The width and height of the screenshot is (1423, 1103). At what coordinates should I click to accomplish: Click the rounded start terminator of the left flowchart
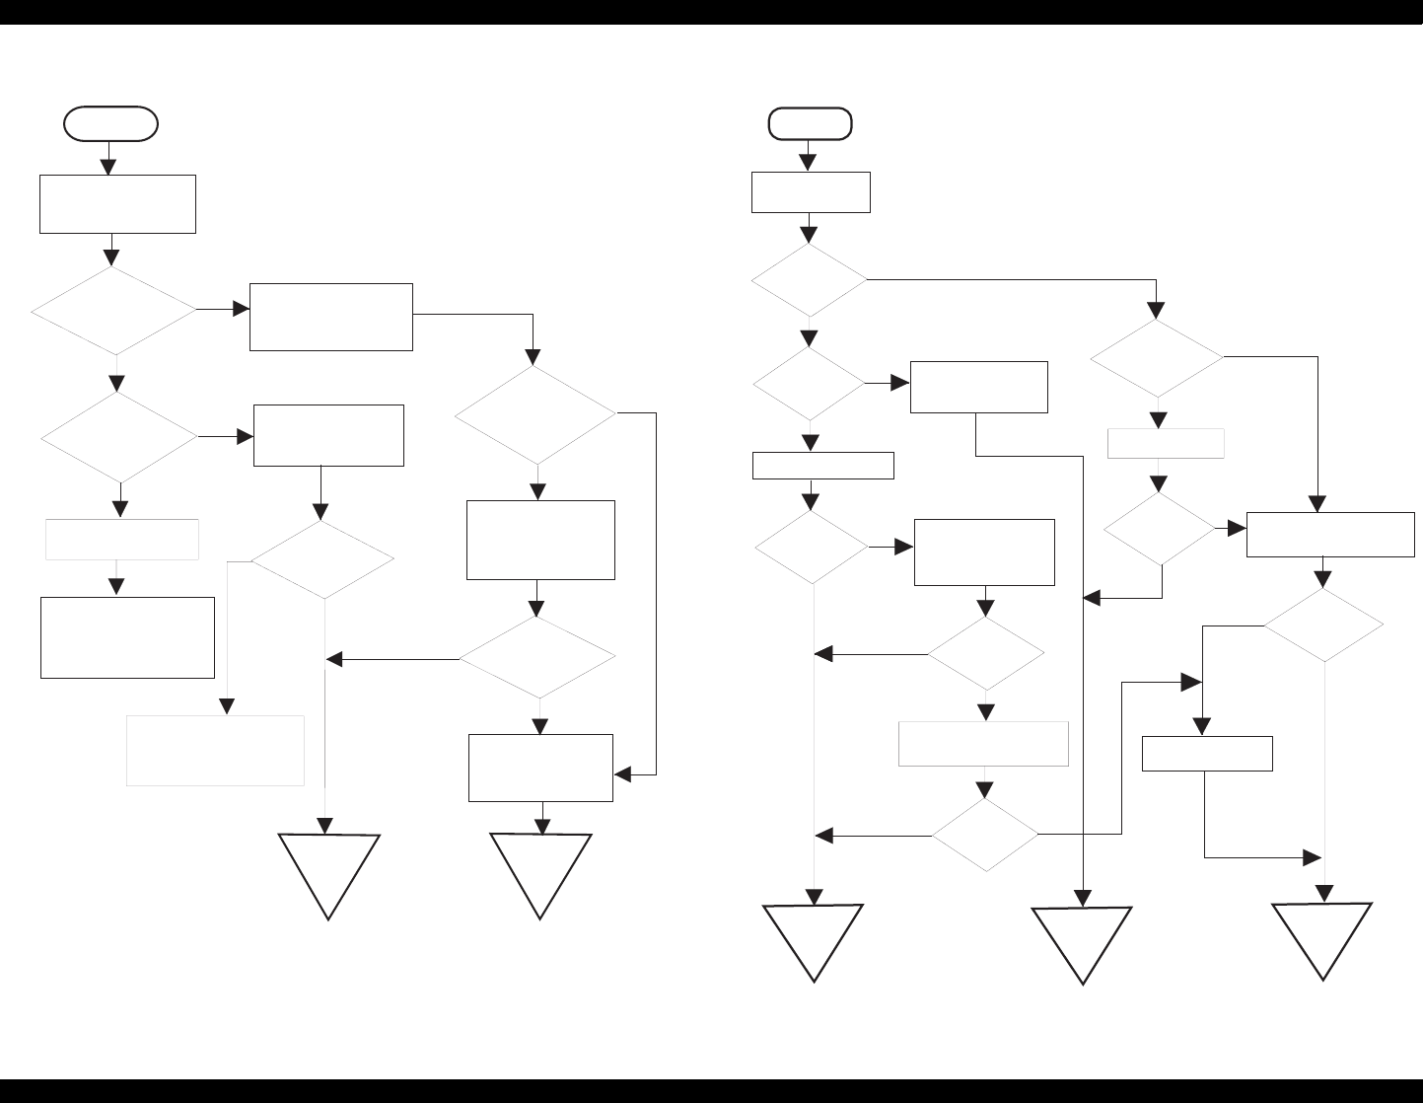(x=110, y=123)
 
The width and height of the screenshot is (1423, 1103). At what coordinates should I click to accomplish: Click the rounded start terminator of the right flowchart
(x=811, y=123)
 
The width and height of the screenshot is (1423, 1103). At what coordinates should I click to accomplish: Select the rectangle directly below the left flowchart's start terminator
(x=117, y=204)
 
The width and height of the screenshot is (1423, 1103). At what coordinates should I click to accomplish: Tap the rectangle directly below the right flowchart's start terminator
(x=811, y=192)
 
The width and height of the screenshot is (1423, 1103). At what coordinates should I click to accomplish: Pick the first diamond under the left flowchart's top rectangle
(x=113, y=311)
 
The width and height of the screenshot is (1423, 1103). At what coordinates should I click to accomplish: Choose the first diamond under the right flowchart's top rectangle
(x=809, y=280)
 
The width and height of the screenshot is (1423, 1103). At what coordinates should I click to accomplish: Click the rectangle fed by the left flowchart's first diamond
(x=330, y=317)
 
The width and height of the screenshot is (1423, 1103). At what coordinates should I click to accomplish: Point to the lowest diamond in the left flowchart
(x=537, y=656)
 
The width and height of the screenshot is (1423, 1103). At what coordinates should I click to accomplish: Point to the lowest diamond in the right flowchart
(x=985, y=835)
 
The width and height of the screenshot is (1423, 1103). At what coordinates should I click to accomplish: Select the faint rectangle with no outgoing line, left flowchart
(x=215, y=750)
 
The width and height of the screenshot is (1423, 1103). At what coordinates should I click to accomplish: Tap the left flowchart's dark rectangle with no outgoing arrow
(x=127, y=636)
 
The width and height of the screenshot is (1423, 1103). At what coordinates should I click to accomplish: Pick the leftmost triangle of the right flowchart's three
(x=815, y=938)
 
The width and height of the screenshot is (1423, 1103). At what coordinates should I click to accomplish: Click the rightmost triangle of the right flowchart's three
(x=1322, y=937)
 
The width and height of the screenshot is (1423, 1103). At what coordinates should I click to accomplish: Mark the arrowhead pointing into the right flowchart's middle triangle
(x=1083, y=899)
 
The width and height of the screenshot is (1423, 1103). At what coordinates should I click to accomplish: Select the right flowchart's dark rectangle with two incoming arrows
(x=1330, y=535)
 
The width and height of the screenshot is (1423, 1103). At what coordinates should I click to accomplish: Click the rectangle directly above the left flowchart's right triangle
(x=540, y=768)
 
